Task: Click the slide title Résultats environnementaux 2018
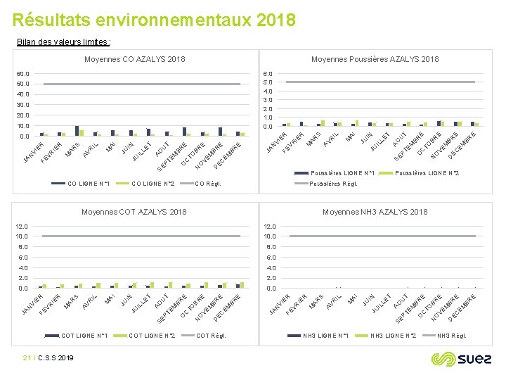pyautogui.click(x=154, y=20)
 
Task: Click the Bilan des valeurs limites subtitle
pyautogui.click(x=63, y=42)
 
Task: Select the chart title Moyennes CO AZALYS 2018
pyautogui.click(x=134, y=59)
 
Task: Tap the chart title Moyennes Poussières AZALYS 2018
pyautogui.click(x=375, y=59)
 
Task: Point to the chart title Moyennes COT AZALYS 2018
pyautogui.click(x=134, y=212)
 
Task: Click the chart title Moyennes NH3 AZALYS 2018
pyautogui.click(x=375, y=212)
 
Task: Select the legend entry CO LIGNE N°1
pyautogui.click(x=90, y=184)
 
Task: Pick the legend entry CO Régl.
pyautogui.click(x=209, y=184)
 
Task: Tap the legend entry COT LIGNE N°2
pyautogui.click(x=152, y=336)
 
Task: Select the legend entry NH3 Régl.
pyautogui.click(x=451, y=336)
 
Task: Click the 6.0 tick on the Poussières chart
pyautogui.click(x=268, y=73)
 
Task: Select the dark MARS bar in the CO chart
pyautogui.click(x=77, y=130)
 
